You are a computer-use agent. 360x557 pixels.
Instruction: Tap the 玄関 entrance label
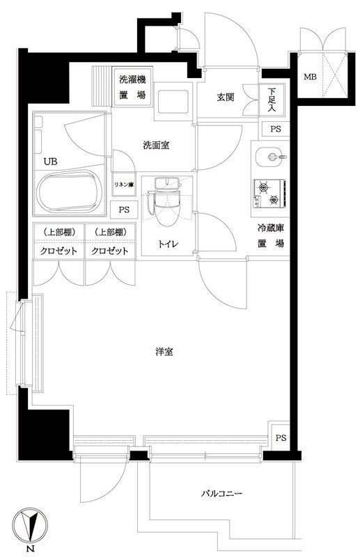click(x=224, y=97)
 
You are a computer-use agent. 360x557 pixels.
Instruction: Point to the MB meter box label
click(x=308, y=77)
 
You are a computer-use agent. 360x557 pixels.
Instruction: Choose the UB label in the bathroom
click(x=51, y=162)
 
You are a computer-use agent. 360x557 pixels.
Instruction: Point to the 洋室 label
click(x=164, y=352)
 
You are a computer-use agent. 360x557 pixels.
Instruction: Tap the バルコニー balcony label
click(x=221, y=494)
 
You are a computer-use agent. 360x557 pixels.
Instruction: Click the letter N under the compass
click(x=30, y=550)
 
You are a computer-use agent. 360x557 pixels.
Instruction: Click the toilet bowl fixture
click(x=166, y=205)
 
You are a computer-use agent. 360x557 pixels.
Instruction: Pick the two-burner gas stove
click(x=268, y=193)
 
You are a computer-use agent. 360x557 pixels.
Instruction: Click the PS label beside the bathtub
click(x=123, y=210)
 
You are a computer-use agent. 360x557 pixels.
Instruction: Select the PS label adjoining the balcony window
click(x=280, y=437)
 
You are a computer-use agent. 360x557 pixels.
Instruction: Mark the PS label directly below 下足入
click(x=276, y=129)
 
